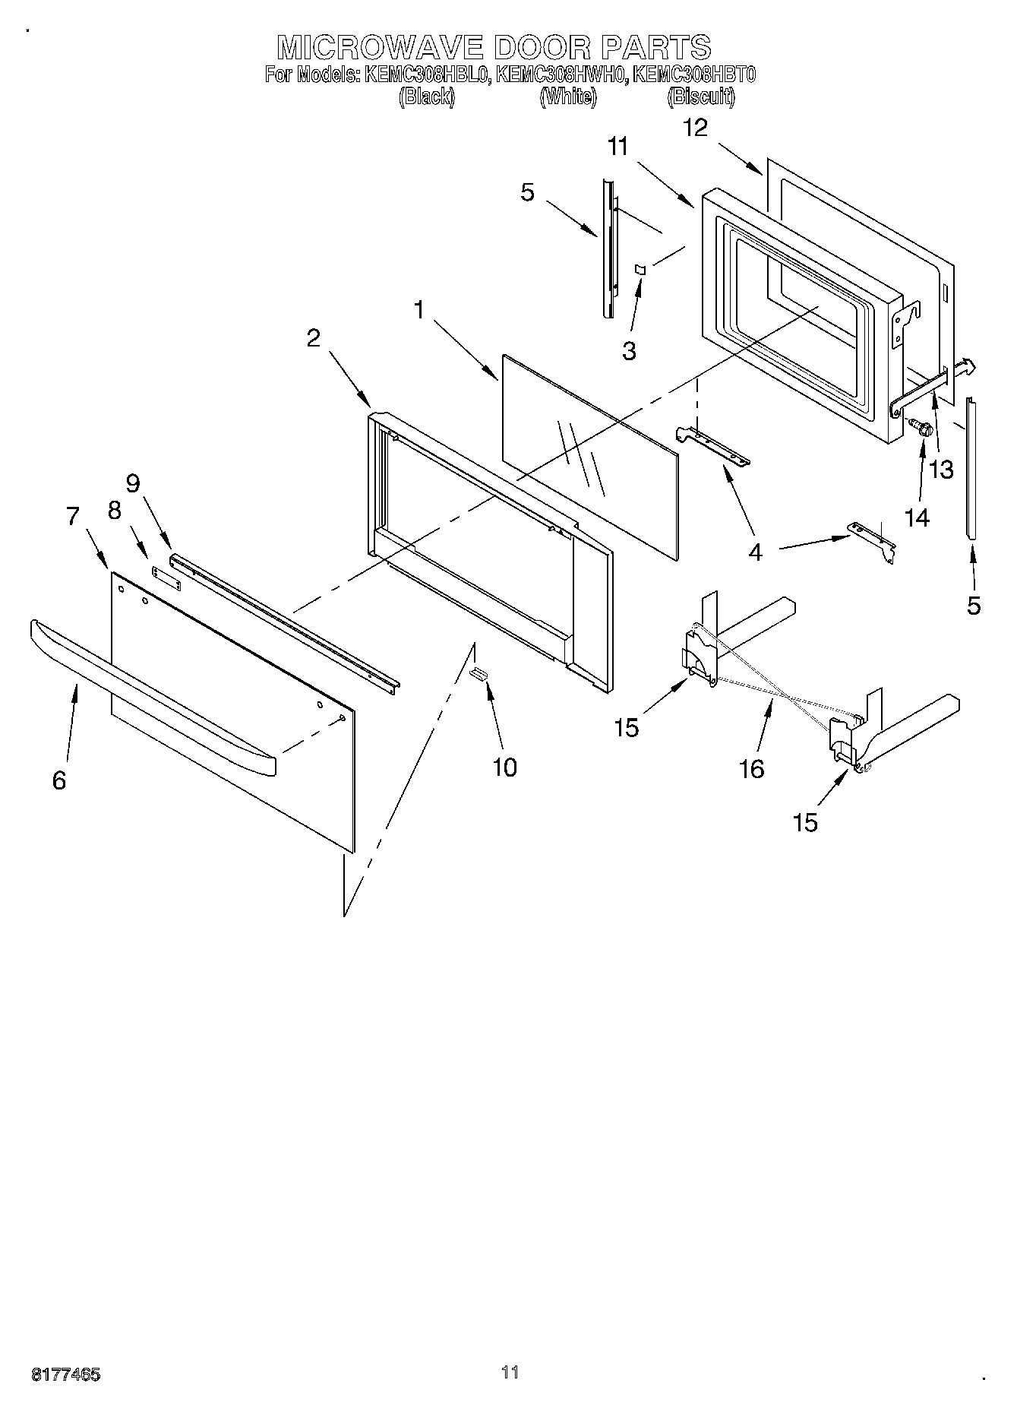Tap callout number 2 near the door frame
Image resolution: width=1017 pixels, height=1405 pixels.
click(314, 338)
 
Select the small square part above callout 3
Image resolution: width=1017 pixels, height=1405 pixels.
click(640, 269)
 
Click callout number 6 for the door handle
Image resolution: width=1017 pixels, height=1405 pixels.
click(60, 780)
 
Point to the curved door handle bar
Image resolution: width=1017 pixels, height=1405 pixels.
click(152, 691)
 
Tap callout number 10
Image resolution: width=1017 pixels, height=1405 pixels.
click(504, 767)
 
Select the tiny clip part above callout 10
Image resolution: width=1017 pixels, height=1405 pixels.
click(479, 672)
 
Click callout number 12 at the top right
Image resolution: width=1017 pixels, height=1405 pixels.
click(695, 128)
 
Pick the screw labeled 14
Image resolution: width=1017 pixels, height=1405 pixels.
click(922, 429)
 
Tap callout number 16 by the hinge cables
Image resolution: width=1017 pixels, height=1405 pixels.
click(751, 769)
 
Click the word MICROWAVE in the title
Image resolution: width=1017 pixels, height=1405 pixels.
click(380, 47)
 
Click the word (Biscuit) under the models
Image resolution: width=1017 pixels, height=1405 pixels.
click(700, 97)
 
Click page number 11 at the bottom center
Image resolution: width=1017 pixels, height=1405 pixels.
click(510, 1372)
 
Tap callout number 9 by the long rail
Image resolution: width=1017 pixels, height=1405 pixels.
click(133, 483)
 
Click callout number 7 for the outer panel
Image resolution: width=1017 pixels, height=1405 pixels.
click(73, 516)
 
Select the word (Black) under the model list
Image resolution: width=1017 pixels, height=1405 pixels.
click(426, 97)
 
